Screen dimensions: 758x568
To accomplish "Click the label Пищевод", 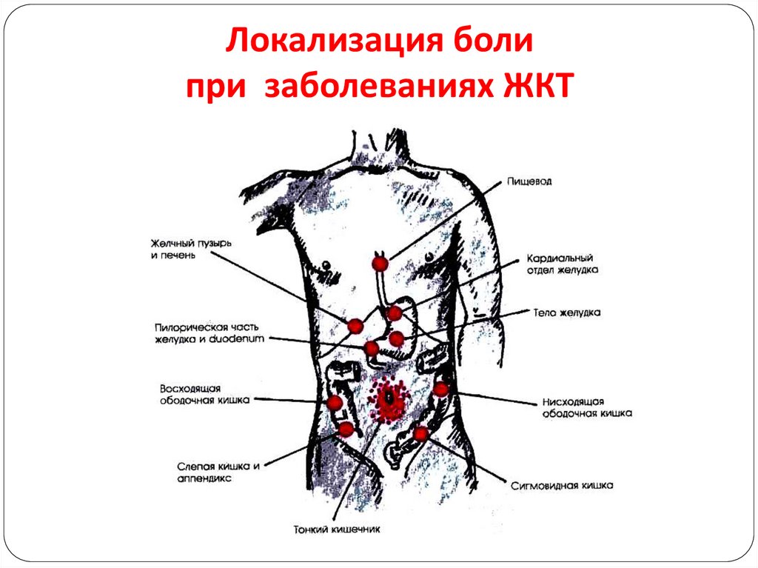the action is tap(529, 182).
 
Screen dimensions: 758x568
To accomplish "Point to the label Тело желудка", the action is tap(566, 313).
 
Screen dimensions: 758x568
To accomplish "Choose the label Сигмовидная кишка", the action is tap(562, 485).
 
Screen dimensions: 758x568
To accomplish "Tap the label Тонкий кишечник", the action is tap(337, 529).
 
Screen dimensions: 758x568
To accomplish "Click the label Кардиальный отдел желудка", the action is tap(563, 264).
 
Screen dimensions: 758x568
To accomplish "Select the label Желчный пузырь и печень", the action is tap(191, 249).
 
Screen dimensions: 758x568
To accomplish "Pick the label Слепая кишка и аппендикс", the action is tap(218, 472).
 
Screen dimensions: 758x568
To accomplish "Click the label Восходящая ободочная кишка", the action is tap(205, 394).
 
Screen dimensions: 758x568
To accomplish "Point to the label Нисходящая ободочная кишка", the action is tap(587, 408).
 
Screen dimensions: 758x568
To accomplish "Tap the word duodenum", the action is tap(237, 338).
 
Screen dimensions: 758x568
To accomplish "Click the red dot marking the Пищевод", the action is tap(380, 264).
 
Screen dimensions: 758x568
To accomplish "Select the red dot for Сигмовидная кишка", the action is tap(420, 433).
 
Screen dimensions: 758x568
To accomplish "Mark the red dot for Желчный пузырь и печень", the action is tap(355, 327).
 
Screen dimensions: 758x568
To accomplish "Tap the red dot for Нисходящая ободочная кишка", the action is tap(441, 390).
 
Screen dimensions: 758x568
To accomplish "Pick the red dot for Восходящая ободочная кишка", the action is tap(335, 403).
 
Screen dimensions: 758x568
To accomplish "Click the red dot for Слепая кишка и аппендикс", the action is tap(346, 429).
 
